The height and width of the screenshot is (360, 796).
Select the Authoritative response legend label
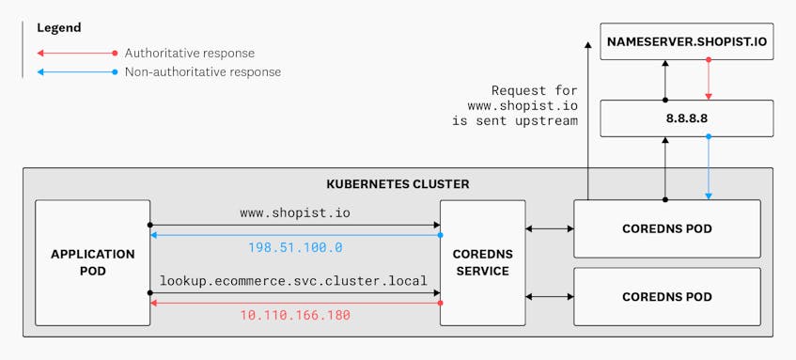tap(189, 54)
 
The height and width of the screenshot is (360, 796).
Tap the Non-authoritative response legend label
tap(202, 72)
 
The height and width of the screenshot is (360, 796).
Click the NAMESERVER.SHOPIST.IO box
tap(686, 42)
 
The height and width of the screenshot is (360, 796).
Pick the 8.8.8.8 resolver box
tap(686, 117)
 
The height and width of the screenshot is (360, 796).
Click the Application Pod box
tap(93, 262)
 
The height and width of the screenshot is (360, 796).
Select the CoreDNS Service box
tap(482, 262)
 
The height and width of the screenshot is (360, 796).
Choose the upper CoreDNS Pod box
tap(673, 228)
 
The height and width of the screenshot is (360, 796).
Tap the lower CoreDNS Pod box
tap(673, 296)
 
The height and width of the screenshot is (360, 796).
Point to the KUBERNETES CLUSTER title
tap(398, 184)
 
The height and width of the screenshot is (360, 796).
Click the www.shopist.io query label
tap(295, 213)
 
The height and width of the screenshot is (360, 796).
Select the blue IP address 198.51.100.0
tap(295, 247)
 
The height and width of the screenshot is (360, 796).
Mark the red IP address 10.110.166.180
tap(295, 315)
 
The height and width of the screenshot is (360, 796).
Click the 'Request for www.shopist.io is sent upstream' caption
tap(523, 106)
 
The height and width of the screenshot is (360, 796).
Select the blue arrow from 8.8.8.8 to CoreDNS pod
tap(709, 168)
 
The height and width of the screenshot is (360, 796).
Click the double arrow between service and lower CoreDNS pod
tap(550, 296)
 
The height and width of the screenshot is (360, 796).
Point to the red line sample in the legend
tap(75, 54)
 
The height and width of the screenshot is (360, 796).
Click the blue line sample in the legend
tap(75, 72)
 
